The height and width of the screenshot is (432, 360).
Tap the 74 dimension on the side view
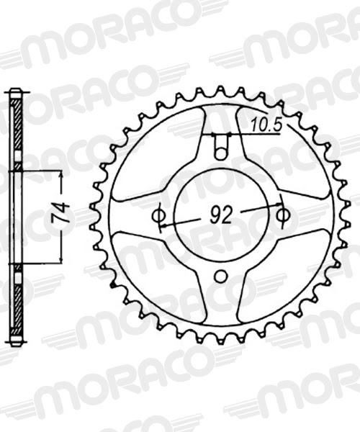click(63, 215)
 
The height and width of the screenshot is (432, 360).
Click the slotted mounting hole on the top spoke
click(222, 148)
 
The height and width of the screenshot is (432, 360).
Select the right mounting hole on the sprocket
click(283, 215)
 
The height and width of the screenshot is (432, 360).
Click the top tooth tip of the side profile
click(16, 92)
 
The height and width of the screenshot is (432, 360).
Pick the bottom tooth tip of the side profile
click(16, 341)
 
